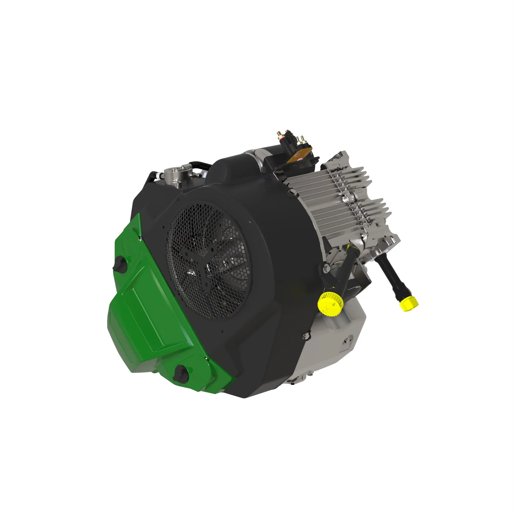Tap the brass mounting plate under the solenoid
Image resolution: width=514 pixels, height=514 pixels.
[x=300, y=157]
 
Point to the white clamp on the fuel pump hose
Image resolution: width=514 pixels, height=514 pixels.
[x=159, y=175]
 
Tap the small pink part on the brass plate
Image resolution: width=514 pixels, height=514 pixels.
[x=300, y=159]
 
